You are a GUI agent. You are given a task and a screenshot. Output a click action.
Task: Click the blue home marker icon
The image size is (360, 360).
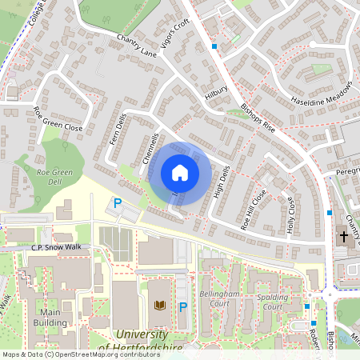click(180, 172)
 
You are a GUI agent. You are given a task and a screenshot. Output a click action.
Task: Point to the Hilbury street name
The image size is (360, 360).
click(216, 94)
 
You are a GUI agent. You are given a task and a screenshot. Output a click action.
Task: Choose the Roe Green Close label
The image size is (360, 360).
click(58, 119)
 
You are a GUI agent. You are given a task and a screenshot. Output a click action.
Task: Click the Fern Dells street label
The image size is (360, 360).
click(118, 130)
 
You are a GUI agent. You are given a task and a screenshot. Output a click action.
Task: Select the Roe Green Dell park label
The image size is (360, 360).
click(54, 178)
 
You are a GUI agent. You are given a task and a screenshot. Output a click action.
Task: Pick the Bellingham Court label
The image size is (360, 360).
click(220, 299)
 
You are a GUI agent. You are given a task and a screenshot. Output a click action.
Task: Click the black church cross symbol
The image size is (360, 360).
click(344, 236)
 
